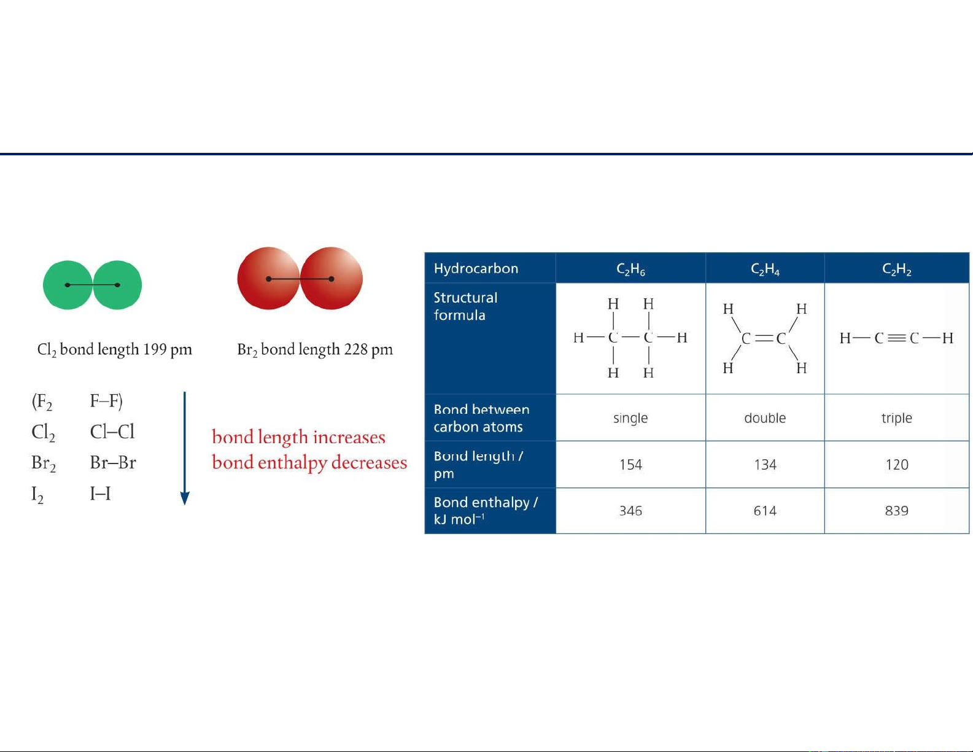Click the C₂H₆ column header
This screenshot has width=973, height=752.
[630, 269]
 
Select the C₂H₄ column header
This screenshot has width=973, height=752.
[765, 269]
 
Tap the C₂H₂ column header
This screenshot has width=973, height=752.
[896, 269]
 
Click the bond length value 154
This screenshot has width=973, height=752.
[630, 465]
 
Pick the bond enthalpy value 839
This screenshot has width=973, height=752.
[896, 511]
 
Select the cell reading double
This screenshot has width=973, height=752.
[765, 418]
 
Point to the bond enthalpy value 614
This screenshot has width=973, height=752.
[765, 511]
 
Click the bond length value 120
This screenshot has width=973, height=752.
[897, 465]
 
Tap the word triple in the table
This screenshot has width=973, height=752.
[896, 419]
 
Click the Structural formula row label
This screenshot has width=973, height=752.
[465, 306]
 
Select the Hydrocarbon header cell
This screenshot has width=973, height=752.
[476, 269]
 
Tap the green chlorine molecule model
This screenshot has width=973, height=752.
[92, 285]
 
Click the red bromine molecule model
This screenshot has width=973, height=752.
[300, 279]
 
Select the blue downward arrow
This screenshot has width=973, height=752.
[185, 449]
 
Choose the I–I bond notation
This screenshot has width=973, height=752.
[100, 494]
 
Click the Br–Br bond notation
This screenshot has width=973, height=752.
[113, 462]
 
